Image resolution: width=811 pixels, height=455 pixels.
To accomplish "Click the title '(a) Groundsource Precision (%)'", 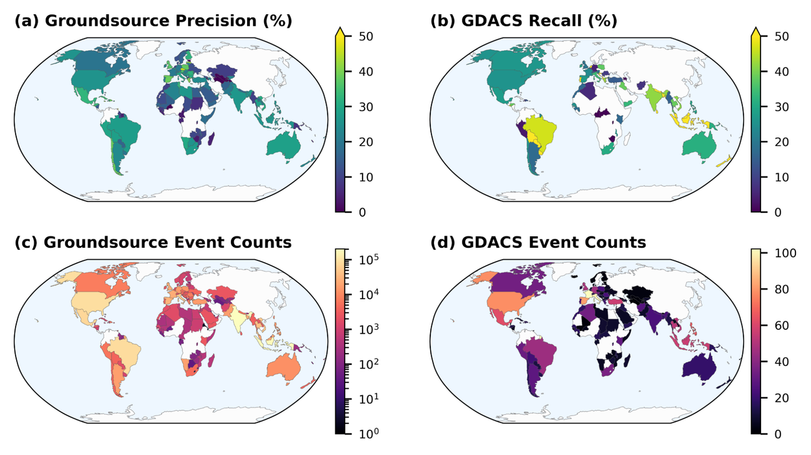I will (x=153, y=21).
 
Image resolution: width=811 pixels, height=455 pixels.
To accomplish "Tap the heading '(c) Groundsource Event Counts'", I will (x=153, y=243).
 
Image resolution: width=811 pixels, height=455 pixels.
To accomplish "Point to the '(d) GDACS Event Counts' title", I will (x=539, y=243).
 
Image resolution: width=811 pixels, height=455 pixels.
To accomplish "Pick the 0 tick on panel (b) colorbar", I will (x=772, y=212).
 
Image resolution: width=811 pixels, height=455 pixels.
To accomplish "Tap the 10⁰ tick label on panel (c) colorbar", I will (x=365, y=433).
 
